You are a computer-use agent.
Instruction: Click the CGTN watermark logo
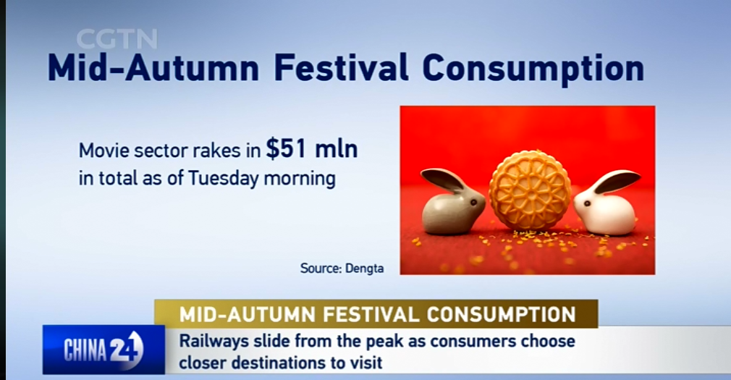tap(117, 38)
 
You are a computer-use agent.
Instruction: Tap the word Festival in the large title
tap(341, 68)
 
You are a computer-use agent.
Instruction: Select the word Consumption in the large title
tap(533, 70)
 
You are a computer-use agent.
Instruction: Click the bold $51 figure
tap(286, 149)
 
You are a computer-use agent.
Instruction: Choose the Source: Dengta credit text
tap(342, 269)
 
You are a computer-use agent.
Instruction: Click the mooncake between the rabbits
tap(530, 190)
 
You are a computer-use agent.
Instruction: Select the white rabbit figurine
tap(606, 204)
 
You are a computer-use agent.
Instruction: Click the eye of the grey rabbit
tap(473, 203)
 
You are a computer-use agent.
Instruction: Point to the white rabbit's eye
tap(587, 203)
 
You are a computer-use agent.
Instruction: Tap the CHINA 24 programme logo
tap(103, 349)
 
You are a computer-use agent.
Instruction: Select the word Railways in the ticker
tap(214, 342)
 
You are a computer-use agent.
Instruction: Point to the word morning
tap(300, 180)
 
